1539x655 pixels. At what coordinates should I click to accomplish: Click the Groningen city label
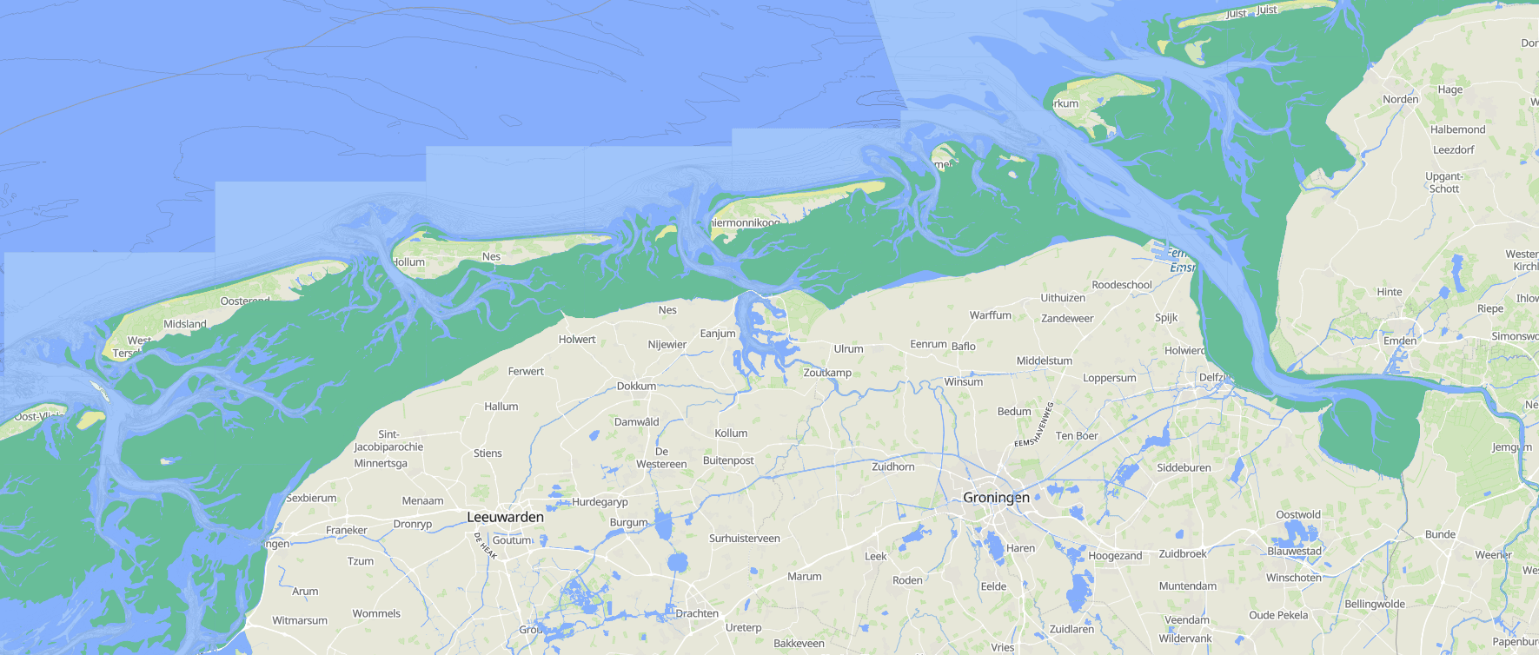pyautogui.click(x=996, y=498)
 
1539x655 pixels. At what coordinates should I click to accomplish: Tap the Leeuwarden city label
pyautogui.click(x=505, y=517)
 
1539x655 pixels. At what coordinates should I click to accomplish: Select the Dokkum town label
pyautogui.click(x=636, y=386)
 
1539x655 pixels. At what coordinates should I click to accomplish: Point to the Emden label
pyautogui.click(x=1400, y=341)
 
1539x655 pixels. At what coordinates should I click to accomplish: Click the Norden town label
pyautogui.click(x=1400, y=99)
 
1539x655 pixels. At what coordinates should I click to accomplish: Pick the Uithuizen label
pyautogui.click(x=1063, y=298)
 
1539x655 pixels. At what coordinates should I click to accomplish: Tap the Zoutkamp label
pyautogui.click(x=827, y=373)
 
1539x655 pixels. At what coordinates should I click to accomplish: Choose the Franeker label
pyautogui.click(x=346, y=530)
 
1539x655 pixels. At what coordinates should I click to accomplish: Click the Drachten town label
pyautogui.click(x=697, y=613)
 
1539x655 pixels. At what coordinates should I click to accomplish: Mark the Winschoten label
pyautogui.click(x=1293, y=578)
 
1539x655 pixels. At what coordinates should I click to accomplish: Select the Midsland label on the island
pyautogui.click(x=185, y=324)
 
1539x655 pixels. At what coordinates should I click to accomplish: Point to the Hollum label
pyautogui.click(x=408, y=262)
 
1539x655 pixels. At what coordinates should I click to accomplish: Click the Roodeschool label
pyautogui.click(x=1122, y=285)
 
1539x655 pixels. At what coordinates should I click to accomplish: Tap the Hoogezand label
pyautogui.click(x=1115, y=556)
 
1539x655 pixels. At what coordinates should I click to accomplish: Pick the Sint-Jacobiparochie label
pyautogui.click(x=388, y=440)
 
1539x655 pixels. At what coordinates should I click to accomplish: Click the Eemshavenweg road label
pyautogui.click(x=1035, y=426)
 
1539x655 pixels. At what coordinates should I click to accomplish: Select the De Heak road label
pyautogui.click(x=485, y=546)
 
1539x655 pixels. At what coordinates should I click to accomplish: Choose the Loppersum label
pyautogui.click(x=1109, y=378)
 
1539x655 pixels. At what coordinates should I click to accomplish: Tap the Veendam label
pyautogui.click(x=1186, y=620)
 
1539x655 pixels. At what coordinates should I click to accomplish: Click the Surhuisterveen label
pyautogui.click(x=744, y=539)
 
